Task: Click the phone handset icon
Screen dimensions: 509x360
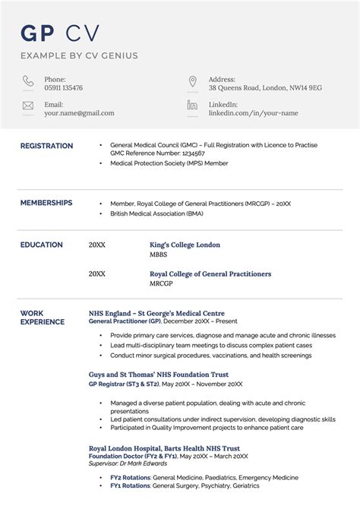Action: pos(28,81)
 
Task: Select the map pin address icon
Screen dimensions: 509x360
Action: pos(192,81)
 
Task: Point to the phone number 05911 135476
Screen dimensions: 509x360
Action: pos(64,88)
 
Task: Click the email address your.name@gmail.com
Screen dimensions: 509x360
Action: pos(79,113)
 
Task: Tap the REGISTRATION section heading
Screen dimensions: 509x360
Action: pos(46,146)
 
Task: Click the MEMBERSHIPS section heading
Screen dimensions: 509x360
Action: pos(46,203)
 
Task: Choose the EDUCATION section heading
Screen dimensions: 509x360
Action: pos(42,245)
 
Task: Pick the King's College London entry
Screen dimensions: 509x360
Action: pos(185,245)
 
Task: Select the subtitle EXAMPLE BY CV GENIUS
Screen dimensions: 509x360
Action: pos(79,55)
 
